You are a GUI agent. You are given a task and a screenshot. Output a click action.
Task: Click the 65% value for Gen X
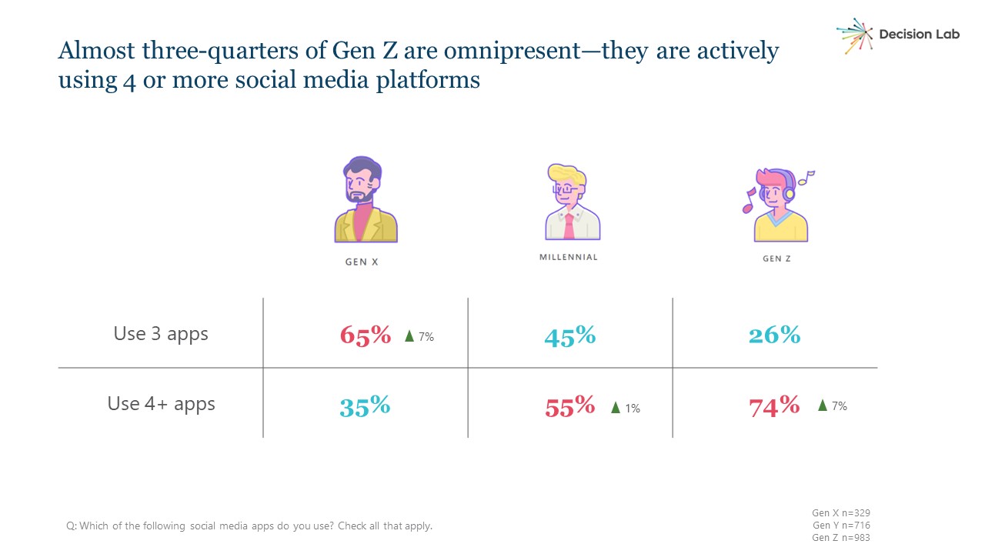pyautogui.click(x=366, y=335)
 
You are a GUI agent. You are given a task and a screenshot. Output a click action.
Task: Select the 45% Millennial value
pyautogui.click(x=569, y=336)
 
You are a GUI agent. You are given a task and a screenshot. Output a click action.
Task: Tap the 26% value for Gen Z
pyautogui.click(x=774, y=335)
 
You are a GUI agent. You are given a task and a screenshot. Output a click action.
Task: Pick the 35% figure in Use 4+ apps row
pyautogui.click(x=365, y=405)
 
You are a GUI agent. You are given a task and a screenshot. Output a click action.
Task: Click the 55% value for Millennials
pyautogui.click(x=569, y=406)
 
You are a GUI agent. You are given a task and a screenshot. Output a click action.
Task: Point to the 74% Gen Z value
pyautogui.click(x=774, y=405)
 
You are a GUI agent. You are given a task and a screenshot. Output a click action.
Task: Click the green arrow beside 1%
pyautogui.click(x=615, y=408)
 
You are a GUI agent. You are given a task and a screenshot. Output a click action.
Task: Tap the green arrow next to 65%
pyautogui.click(x=409, y=336)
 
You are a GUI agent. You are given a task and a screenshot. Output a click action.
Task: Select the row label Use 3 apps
pyautogui.click(x=161, y=334)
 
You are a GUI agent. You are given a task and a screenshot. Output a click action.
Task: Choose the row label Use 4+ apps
pyautogui.click(x=161, y=404)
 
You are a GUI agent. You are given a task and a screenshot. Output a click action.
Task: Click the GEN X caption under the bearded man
pyautogui.click(x=362, y=262)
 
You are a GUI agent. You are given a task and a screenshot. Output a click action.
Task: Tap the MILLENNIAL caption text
pyautogui.click(x=568, y=257)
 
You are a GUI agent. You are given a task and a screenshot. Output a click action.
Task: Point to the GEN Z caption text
pyautogui.click(x=776, y=259)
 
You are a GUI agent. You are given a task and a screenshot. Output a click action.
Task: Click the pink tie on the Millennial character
pyautogui.click(x=569, y=226)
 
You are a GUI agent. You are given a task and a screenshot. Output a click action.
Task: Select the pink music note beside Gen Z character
pyautogui.click(x=748, y=202)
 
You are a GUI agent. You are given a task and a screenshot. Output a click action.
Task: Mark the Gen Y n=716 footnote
pyautogui.click(x=840, y=526)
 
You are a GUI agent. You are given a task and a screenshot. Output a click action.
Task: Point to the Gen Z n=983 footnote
pyautogui.click(x=840, y=538)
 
